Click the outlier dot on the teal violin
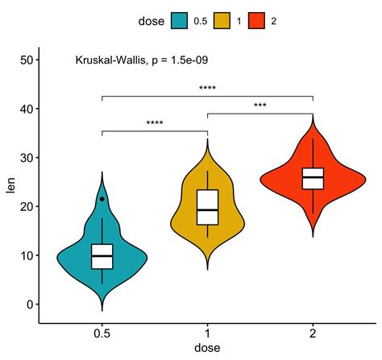click(x=102, y=199)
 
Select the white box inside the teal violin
click(x=102, y=256)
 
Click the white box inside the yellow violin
click(x=207, y=207)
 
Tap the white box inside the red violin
click(x=313, y=178)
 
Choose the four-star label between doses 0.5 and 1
click(x=155, y=124)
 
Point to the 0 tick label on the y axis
click(x=28, y=304)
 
